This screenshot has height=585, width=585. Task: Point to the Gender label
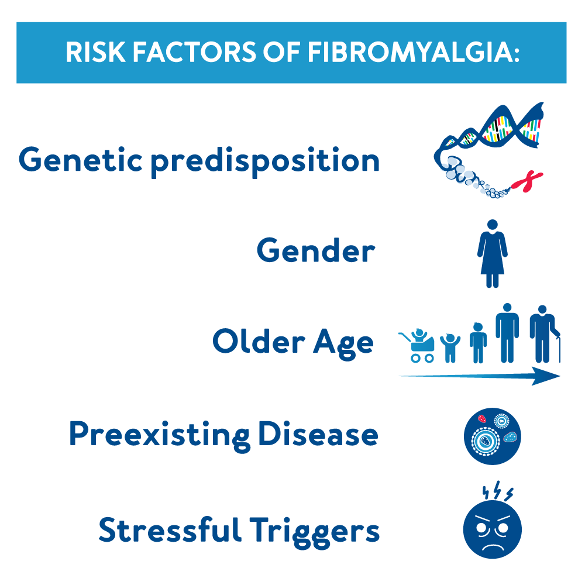(x=315, y=251)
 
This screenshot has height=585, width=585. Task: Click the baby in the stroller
(x=419, y=345)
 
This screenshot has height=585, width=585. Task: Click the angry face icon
(x=492, y=529)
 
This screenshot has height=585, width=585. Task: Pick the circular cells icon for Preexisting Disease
(x=492, y=436)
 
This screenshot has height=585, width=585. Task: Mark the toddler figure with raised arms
(x=449, y=347)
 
